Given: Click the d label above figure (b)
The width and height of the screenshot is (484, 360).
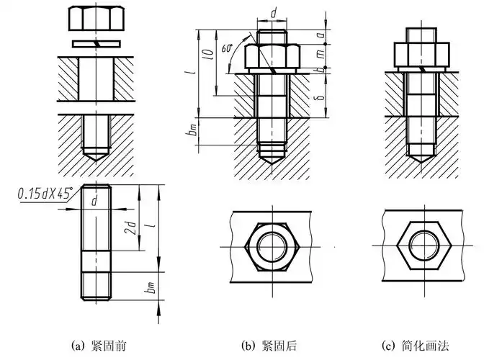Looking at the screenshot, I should pos(273,14).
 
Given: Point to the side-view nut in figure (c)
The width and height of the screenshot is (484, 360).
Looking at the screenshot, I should pos(423,55).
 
